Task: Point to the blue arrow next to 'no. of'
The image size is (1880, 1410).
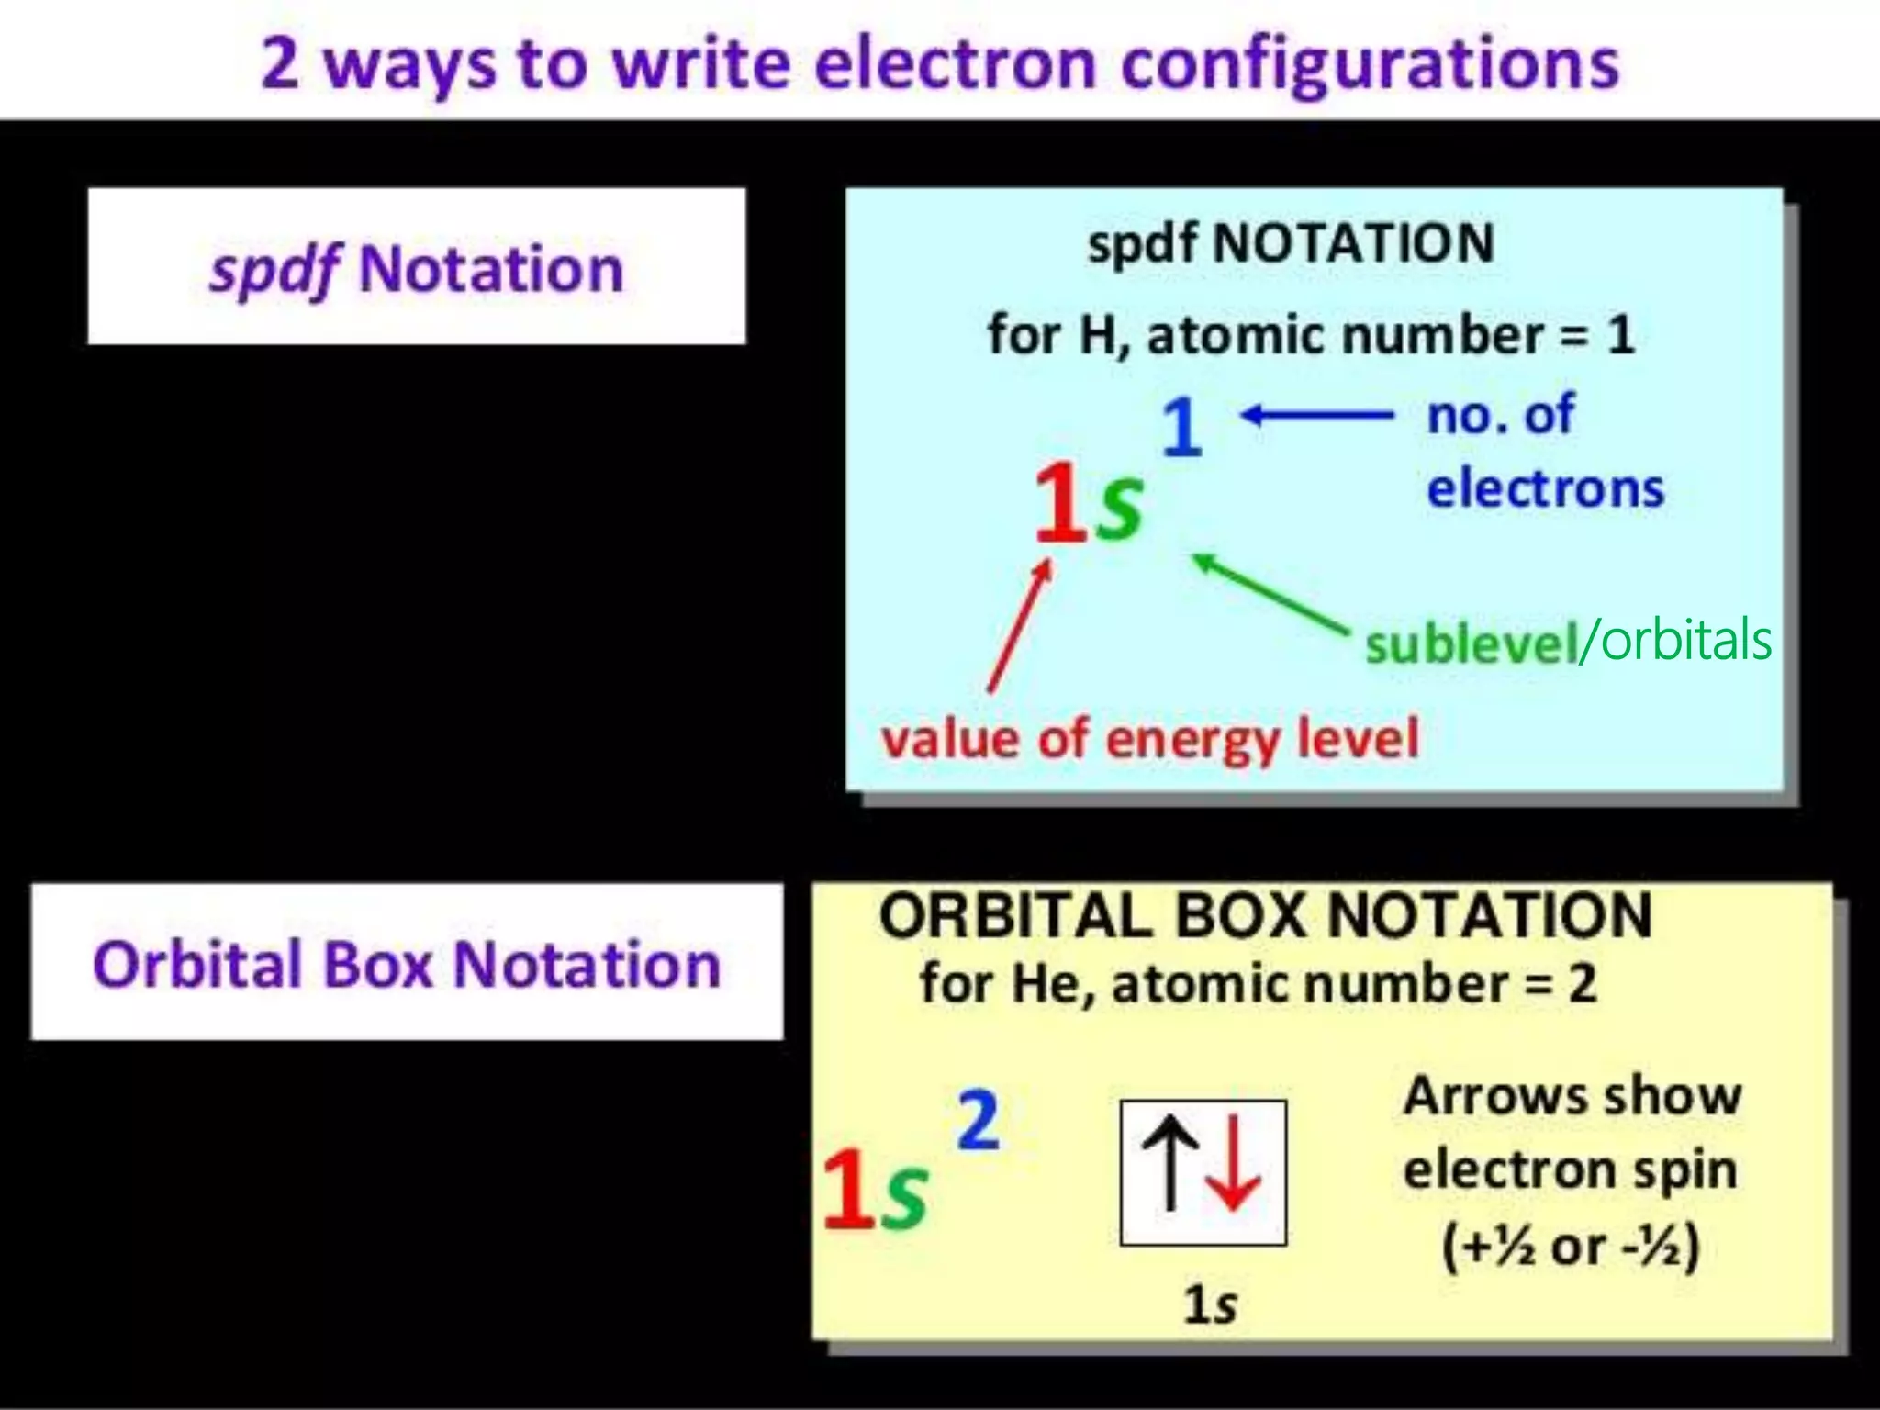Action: (1317, 416)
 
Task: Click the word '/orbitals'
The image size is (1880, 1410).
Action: (1676, 641)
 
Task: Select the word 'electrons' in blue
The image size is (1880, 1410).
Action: (1545, 487)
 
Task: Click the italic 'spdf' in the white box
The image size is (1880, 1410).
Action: (274, 270)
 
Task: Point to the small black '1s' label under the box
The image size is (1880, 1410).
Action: (1210, 1304)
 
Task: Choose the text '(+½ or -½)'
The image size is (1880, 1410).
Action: (1571, 1247)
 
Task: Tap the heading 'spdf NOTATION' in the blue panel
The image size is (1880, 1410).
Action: (1291, 244)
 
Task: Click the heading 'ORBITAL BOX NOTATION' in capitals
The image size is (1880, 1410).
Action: (1265, 915)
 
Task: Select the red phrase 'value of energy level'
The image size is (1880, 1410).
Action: (1149, 739)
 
